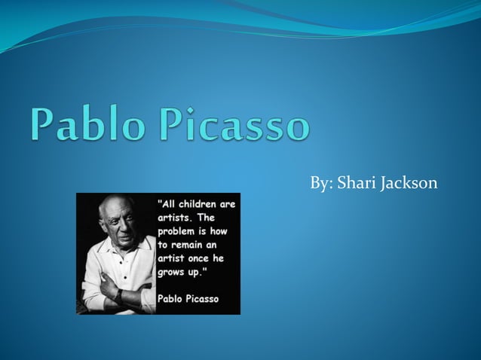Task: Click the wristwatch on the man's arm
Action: (118, 294)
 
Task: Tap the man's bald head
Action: (113, 206)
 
